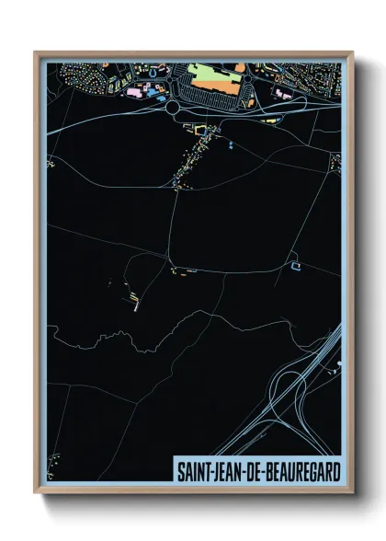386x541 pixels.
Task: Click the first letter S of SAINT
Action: [178, 472]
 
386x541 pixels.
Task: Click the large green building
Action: [210, 73]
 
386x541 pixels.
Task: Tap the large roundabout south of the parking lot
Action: [172, 107]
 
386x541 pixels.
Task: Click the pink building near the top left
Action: [135, 92]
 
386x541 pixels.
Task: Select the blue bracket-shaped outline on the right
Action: [296, 266]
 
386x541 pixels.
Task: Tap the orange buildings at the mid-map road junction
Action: [184, 270]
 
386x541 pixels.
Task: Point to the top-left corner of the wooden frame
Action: [36, 52]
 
